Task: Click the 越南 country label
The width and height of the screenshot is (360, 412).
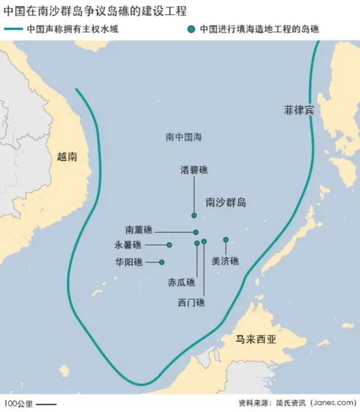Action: click(x=67, y=157)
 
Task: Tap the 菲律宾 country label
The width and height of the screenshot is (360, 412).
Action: click(x=299, y=110)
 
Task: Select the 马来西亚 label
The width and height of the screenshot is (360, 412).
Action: click(x=256, y=339)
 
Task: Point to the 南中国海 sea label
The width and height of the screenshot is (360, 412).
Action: click(x=183, y=137)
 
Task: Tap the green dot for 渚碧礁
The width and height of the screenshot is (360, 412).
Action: click(x=194, y=216)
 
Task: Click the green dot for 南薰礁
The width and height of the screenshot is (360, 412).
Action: click(x=196, y=232)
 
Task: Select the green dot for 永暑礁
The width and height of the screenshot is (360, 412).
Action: click(x=169, y=245)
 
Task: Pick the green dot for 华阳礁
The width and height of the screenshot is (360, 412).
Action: click(x=162, y=262)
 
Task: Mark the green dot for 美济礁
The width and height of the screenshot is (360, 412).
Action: click(x=226, y=240)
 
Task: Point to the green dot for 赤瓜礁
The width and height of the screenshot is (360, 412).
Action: click(x=196, y=243)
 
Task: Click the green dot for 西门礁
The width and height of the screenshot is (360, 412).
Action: click(x=204, y=241)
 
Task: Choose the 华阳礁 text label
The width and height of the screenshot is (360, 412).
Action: click(x=129, y=262)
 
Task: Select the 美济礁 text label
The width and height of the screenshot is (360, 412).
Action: click(x=225, y=261)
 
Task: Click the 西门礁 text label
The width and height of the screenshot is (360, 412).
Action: click(x=191, y=302)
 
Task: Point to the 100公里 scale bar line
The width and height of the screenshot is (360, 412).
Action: click(x=47, y=404)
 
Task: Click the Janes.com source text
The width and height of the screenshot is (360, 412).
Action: click(x=332, y=404)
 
